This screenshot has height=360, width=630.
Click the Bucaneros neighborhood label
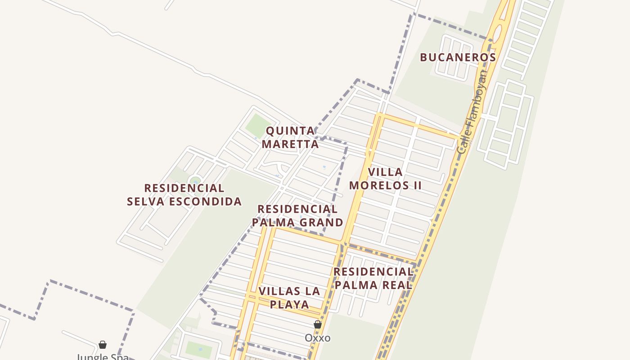458,58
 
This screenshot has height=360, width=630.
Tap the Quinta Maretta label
290,137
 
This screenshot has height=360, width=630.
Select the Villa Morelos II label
385,179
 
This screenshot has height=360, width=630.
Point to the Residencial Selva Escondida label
184,194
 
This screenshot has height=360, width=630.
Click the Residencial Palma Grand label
297,216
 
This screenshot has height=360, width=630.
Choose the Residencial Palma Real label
373,278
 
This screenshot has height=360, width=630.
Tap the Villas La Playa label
289,297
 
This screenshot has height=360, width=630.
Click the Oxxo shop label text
318,338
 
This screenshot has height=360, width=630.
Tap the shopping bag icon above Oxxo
318,324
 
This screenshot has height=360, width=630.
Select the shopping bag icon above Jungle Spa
103,345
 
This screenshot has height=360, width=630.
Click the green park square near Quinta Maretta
258,125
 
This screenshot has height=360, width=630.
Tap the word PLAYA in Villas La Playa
290,305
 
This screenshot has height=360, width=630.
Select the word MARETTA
290,144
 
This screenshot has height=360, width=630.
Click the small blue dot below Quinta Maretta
324,167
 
